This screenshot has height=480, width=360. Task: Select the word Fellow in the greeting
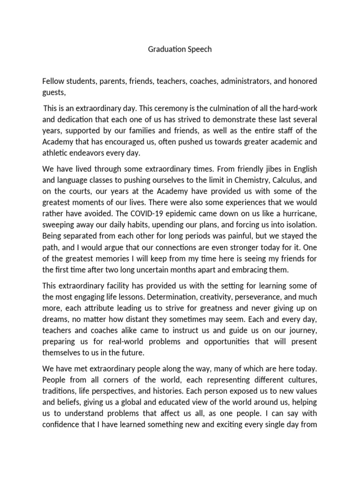54,82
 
